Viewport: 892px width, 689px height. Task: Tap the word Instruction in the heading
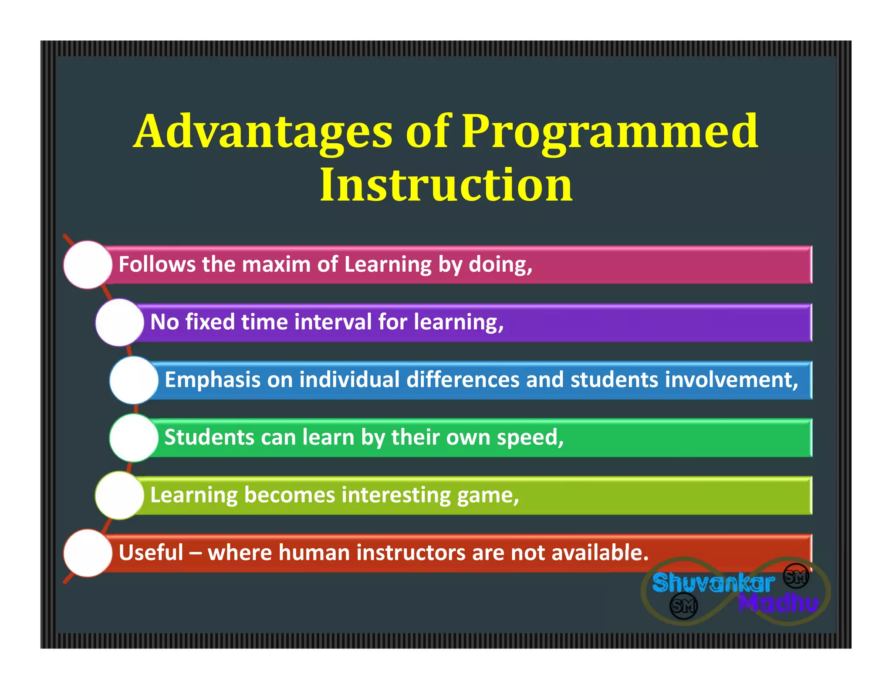446,185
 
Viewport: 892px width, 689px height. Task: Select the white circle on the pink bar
88,265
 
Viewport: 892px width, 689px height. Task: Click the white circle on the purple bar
119,323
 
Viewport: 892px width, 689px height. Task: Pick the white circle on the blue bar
134,380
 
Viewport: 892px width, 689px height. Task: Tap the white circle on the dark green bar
134,438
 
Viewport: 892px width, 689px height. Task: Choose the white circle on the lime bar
119,496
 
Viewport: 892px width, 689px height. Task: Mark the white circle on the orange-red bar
88,553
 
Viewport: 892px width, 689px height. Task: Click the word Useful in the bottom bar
151,553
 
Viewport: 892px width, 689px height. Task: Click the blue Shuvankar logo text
713,582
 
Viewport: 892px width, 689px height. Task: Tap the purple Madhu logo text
778,603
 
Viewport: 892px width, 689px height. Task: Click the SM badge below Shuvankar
683,605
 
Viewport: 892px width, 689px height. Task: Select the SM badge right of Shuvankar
796,577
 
